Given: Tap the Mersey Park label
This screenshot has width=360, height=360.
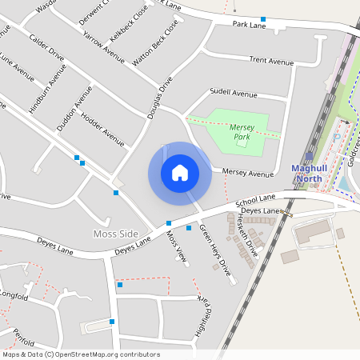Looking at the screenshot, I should coord(242,132).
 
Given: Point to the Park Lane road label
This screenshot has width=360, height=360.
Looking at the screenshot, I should coord(249,26).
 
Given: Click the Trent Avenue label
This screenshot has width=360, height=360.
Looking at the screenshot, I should coord(272,61).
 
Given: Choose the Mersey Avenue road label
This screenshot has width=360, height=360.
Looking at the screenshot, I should coord(248,173).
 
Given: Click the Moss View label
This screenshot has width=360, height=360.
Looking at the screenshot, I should coord(176,246).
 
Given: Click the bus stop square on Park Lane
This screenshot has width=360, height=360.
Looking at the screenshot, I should coord(263,18).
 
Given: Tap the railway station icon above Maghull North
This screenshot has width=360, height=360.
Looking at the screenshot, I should coord(310,156).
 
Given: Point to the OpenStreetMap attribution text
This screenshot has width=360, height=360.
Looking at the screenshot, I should coord(81,354).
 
